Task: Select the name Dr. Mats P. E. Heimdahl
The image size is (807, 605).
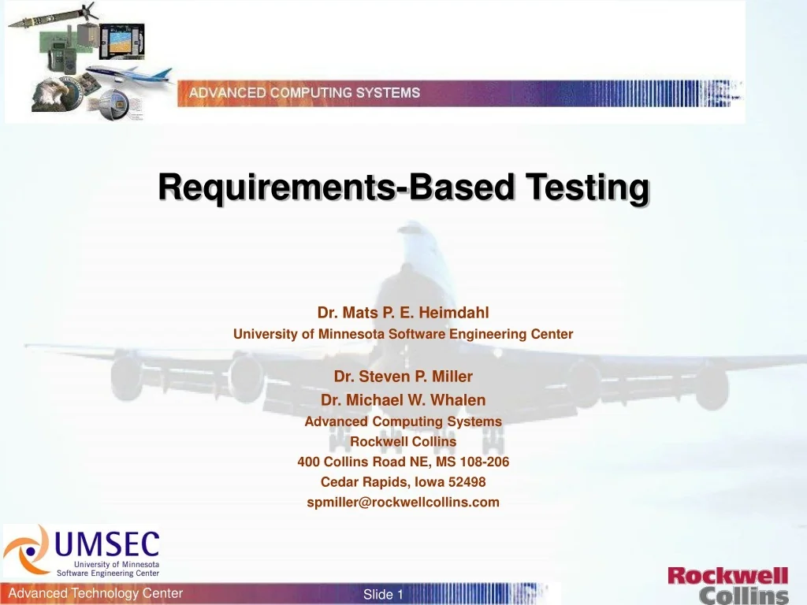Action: pos(403,313)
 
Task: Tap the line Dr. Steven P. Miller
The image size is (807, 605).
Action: pos(403,377)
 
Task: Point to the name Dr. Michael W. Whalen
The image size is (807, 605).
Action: pos(403,400)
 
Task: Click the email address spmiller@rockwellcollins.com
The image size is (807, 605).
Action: pos(403,502)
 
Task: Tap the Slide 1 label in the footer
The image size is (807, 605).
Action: pos(383,595)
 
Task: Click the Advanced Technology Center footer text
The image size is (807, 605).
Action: pos(95,593)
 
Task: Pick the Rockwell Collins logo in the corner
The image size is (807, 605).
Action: pos(727,585)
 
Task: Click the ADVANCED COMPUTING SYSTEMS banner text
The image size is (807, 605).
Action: pos(304,93)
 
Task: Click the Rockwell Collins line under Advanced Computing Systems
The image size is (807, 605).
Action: pos(403,441)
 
